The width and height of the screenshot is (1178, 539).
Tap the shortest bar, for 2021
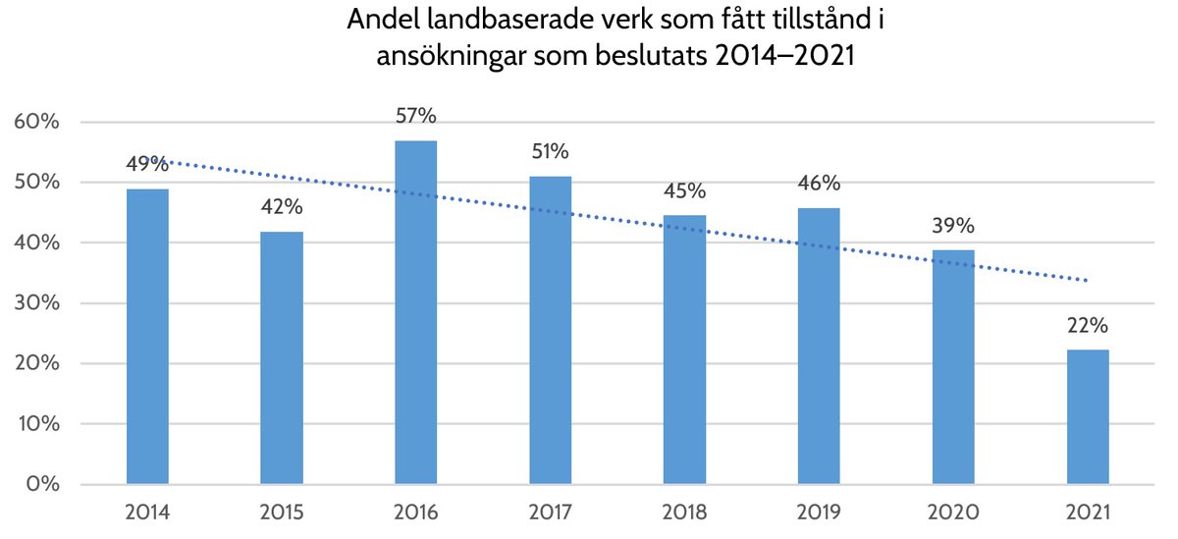1088,417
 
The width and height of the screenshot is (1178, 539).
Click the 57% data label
415,116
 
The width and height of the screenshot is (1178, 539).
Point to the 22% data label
1088,327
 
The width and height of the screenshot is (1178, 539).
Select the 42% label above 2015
282,207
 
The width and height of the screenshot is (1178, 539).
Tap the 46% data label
819,184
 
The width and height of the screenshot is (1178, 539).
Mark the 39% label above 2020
953,226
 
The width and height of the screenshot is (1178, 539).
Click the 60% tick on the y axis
37,123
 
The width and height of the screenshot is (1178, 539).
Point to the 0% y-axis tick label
43,485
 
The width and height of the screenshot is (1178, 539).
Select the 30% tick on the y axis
37,303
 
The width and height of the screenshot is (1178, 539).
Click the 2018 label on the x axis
684,512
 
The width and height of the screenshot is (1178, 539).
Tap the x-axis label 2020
953,512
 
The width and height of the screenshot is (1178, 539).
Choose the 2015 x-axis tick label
282,512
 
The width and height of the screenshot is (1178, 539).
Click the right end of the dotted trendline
1086,281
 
